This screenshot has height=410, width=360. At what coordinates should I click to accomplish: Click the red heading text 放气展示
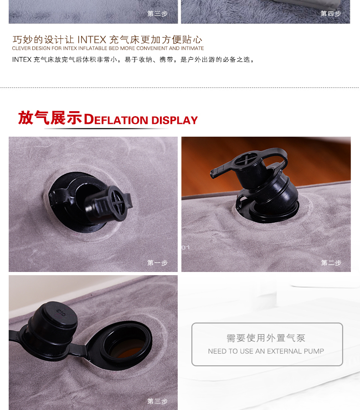click(x=50, y=118)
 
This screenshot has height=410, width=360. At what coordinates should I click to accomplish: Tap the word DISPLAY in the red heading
click(x=175, y=120)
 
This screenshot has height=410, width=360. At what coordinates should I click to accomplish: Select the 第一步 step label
click(x=157, y=262)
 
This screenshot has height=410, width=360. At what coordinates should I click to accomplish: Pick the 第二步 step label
click(x=331, y=262)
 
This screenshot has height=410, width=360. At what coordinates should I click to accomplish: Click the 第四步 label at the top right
click(x=331, y=13)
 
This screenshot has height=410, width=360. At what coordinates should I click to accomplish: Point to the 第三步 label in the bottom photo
click(x=157, y=401)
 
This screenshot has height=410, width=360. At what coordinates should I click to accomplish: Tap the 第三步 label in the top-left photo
click(x=157, y=13)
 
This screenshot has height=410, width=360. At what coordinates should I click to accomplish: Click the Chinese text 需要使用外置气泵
click(x=266, y=338)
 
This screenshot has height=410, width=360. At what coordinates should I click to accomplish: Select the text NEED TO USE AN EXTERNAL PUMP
click(x=266, y=351)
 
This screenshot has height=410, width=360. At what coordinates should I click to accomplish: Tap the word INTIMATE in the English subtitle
click(x=192, y=48)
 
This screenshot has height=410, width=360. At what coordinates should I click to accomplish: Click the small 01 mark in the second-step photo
click(x=185, y=247)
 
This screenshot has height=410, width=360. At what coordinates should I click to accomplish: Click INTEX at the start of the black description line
click(x=22, y=60)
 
